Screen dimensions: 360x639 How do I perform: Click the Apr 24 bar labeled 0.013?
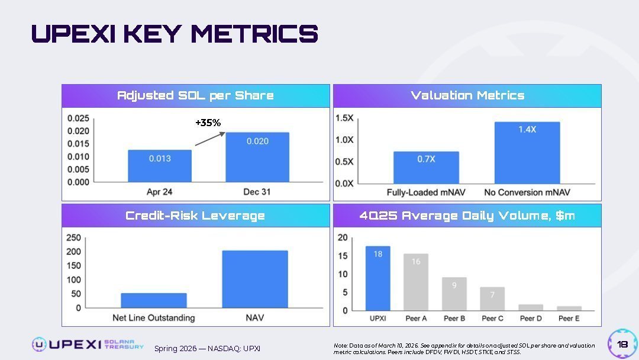click(160, 166)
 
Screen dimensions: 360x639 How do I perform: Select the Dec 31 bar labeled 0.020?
click(257, 157)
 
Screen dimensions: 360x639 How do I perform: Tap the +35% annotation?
click(208, 123)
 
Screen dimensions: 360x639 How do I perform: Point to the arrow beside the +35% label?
click(210, 139)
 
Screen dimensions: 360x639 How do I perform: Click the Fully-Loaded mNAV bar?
click(426, 168)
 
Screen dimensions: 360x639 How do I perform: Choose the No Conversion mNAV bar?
click(527, 153)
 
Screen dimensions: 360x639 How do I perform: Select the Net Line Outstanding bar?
click(154, 300)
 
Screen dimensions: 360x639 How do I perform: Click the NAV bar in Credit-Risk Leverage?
click(255, 279)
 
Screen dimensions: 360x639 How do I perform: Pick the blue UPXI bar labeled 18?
click(377, 278)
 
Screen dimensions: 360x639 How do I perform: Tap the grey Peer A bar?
click(416, 282)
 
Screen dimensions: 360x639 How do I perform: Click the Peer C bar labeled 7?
click(492, 299)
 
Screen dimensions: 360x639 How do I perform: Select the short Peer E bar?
click(569, 308)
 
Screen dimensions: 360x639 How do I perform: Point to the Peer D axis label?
click(531, 319)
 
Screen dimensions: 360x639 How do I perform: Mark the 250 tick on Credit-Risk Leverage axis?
click(73, 238)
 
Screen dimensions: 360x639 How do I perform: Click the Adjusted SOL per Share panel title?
click(195, 95)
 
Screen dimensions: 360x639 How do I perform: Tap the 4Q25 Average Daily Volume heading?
click(467, 216)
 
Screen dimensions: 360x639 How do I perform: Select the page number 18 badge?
click(622, 344)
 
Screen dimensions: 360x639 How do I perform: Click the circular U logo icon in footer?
click(39, 344)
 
